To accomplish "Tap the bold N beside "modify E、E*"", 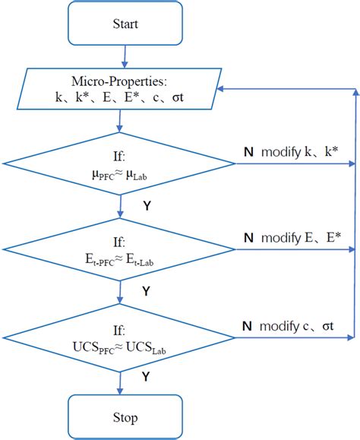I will click(248, 238).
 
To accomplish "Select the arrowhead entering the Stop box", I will click(120, 391).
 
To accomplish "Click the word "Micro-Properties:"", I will click(120, 81).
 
